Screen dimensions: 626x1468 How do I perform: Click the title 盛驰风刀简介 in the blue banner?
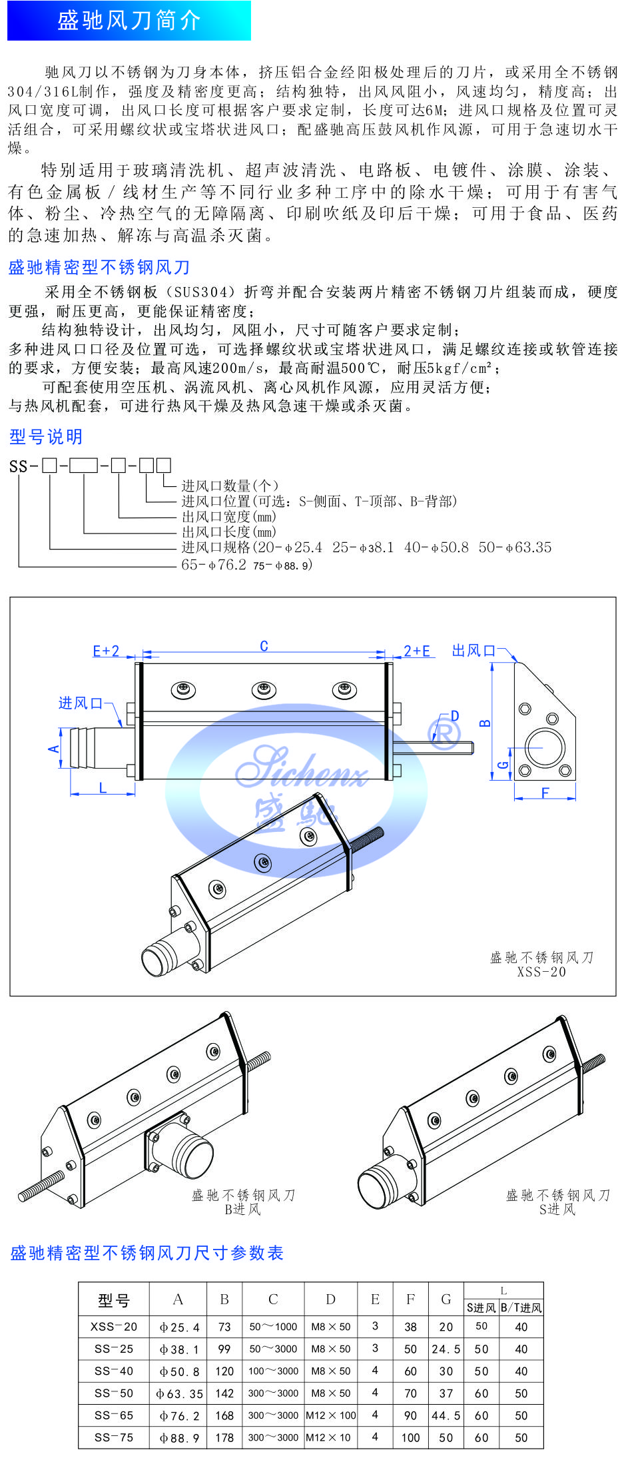click(x=129, y=21)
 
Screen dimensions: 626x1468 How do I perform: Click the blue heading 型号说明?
click(x=46, y=437)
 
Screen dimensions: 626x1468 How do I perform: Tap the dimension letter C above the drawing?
click(x=264, y=646)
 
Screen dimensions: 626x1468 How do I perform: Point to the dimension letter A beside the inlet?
click(x=54, y=749)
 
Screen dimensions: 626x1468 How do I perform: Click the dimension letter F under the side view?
click(x=545, y=793)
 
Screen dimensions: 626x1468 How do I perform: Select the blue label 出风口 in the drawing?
click(x=474, y=651)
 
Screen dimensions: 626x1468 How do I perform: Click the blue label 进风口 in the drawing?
click(x=81, y=703)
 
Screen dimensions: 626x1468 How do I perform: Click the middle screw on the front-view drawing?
click(x=264, y=689)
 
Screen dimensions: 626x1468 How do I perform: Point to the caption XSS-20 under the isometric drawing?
click(x=541, y=972)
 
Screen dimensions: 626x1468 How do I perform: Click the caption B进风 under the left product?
click(x=242, y=1210)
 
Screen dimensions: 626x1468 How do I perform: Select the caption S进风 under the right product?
click(x=557, y=1210)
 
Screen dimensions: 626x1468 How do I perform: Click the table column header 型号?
click(x=114, y=1301)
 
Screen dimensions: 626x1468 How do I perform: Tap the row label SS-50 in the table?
click(x=114, y=1393)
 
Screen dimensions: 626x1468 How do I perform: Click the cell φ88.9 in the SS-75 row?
click(x=178, y=1437)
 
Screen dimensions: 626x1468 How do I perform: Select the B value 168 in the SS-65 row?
click(x=224, y=1415)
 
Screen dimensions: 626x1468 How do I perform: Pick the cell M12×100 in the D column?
click(x=331, y=1415)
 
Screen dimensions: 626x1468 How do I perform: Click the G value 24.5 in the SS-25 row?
click(x=446, y=1349)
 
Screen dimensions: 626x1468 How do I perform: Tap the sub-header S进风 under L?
click(x=481, y=1307)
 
